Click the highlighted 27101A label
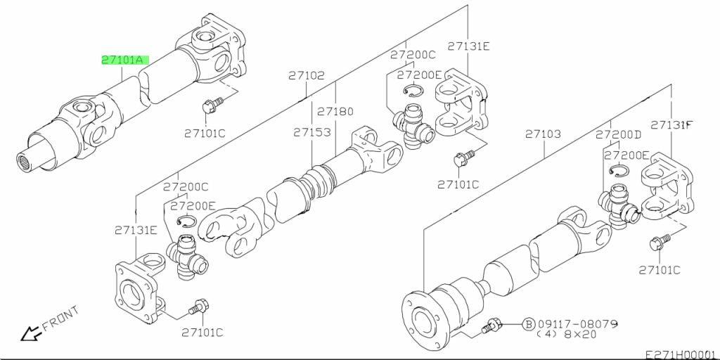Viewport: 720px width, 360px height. [x=123, y=60]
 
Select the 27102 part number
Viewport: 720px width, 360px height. [x=305, y=75]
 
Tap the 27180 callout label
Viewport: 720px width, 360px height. [x=335, y=111]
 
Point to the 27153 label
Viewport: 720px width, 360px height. [x=312, y=131]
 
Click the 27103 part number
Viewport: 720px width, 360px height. [x=543, y=133]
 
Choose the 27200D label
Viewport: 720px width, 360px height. [x=619, y=134]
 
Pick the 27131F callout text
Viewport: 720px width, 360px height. [x=671, y=125]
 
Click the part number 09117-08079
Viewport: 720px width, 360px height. [x=578, y=324]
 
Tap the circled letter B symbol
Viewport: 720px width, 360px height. [x=529, y=324]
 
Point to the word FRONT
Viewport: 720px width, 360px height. [x=60, y=318]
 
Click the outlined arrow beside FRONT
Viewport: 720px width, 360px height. [x=30, y=333]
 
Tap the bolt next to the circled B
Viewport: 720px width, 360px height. [x=491, y=326]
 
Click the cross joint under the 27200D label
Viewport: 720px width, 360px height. [x=618, y=205]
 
